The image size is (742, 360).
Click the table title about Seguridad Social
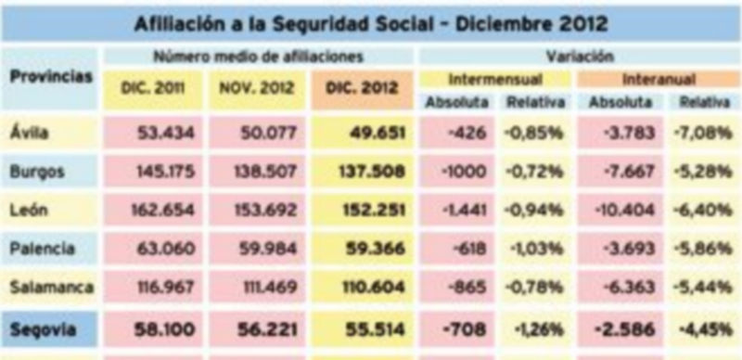pyautogui.click(x=371, y=21)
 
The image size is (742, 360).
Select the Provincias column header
pyautogui.click(x=52, y=77)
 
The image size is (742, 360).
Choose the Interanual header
pyautogui.click(x=659, y=79)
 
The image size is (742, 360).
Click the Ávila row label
pyautogui.click(x=30, y=133)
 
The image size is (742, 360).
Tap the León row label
pyautogui.click(x=29, y=211)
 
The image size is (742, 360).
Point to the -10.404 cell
pyautogui.click(x=629, y=211)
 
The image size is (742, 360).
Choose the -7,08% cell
pyautogui.click(x=708, y=133)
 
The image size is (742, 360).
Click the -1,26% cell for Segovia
pyautogui.click(x=536, y=329)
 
